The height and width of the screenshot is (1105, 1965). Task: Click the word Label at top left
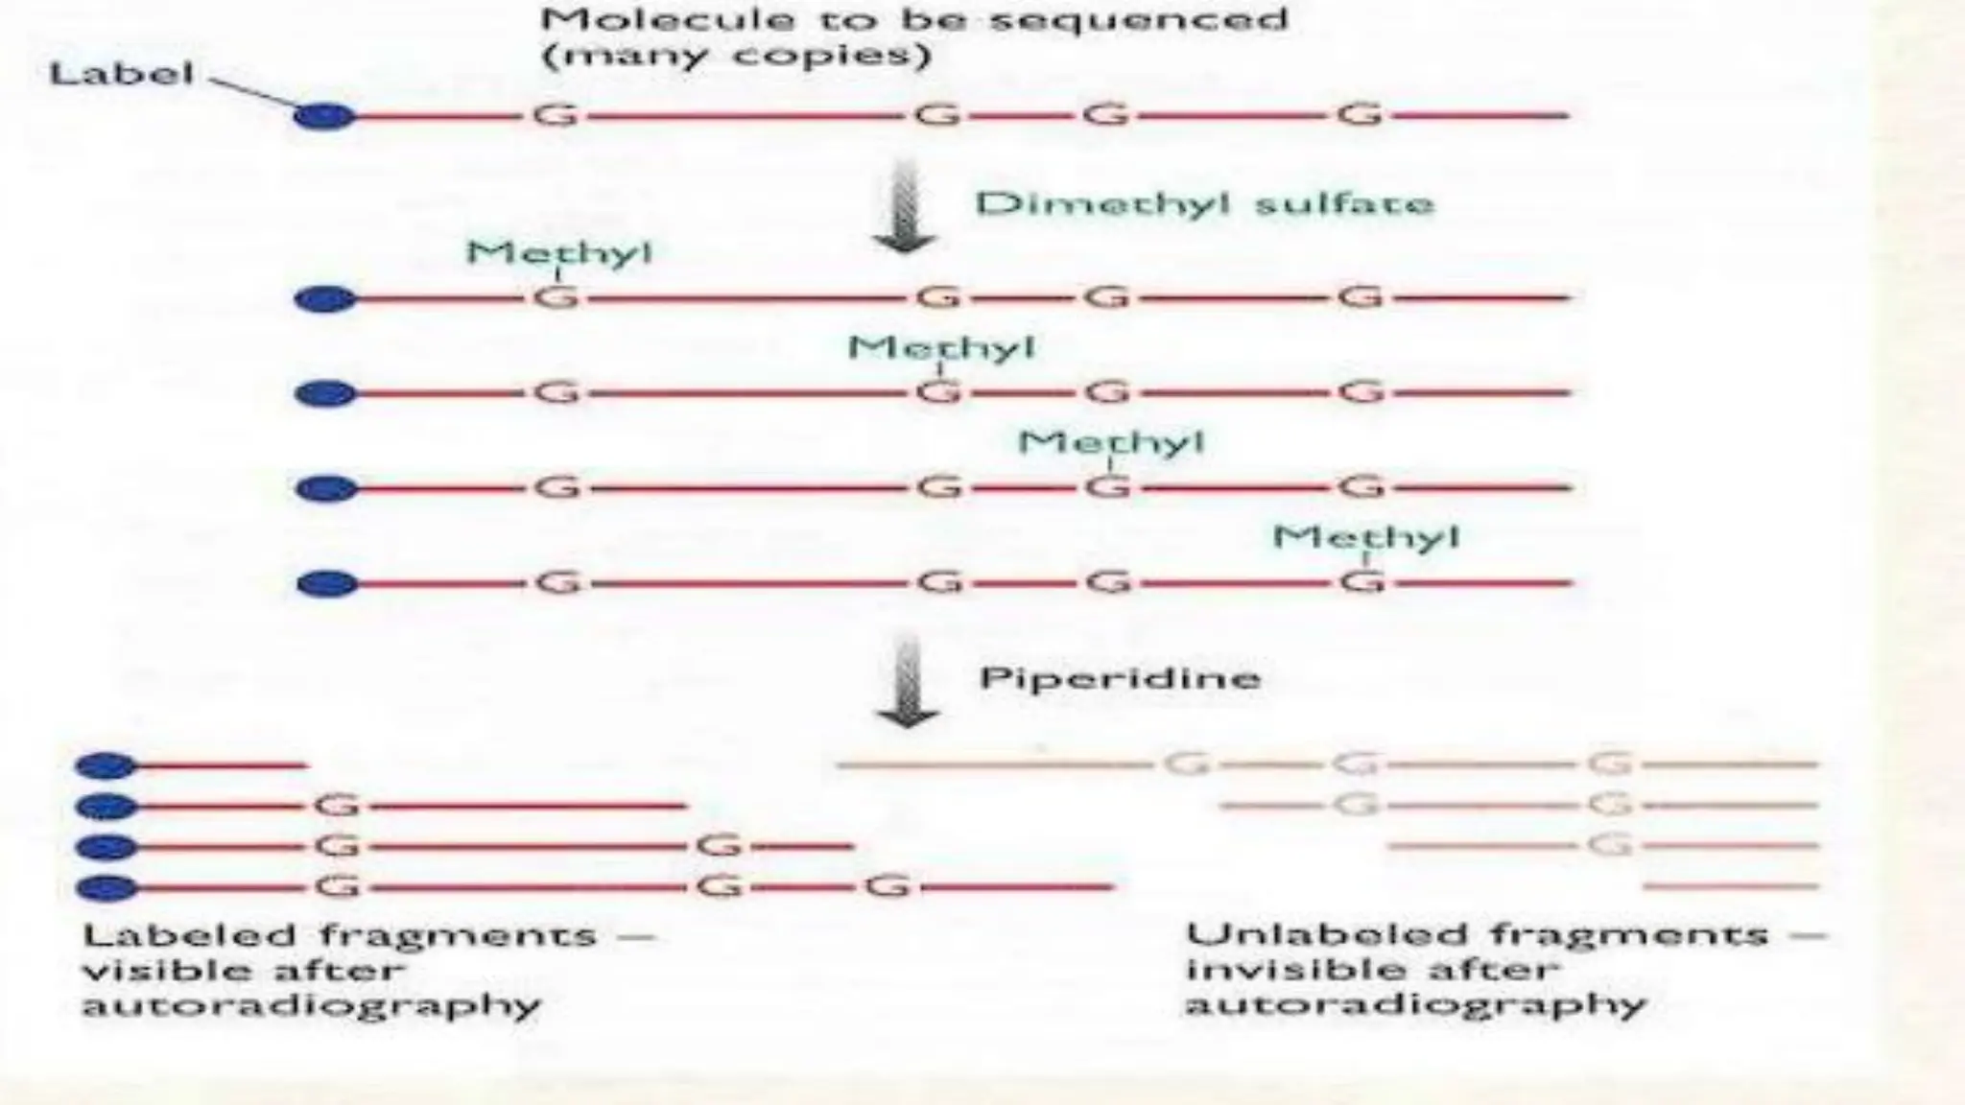(121, 73)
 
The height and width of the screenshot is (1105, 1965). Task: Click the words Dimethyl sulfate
(1204, 203)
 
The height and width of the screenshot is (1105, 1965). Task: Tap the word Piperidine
(1119, 678)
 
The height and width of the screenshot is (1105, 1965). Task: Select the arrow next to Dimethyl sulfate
(904, 207)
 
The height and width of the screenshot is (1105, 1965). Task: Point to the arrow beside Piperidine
(907, 682)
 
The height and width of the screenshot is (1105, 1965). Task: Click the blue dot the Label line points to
(324, 117)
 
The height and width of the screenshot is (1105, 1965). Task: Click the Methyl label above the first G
(558, 252)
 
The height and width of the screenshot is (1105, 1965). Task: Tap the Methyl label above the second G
(941, 346)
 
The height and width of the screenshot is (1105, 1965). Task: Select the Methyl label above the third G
(1110, 441)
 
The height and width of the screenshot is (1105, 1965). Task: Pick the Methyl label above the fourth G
(1365, 536)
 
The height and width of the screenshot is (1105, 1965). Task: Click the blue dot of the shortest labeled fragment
(107, 765)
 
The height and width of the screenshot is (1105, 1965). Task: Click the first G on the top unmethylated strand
(556, 116)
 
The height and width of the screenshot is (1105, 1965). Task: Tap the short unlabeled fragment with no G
(1731, 886)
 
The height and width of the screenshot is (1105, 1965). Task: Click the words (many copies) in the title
(736, 55)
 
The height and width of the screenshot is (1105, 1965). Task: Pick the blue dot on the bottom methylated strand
(325, 583)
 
